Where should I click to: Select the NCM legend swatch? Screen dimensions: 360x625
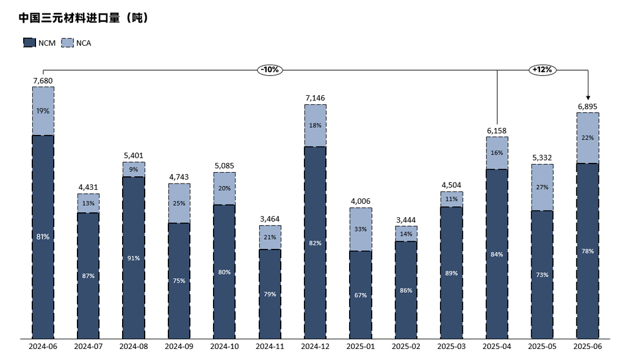29,43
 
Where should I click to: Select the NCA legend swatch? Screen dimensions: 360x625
67,43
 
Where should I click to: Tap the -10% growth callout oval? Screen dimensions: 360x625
269,70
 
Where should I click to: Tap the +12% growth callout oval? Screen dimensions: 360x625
542,70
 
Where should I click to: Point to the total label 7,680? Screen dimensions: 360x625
43,81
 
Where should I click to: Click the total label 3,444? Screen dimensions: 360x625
406,220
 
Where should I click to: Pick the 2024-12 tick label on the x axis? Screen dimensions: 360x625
315,347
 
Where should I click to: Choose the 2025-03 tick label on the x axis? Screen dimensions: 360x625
452,347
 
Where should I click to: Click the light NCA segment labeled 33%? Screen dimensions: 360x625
361,229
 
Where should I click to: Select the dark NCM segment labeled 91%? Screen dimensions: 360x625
134,257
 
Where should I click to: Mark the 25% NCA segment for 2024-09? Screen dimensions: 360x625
179,203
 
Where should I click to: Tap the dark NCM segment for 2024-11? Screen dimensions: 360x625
270,293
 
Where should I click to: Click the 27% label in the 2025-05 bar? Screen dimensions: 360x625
542,187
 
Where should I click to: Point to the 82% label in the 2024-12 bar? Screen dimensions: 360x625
315,243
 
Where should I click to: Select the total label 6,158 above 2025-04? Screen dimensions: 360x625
497,131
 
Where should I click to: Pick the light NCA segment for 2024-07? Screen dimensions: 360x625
88,203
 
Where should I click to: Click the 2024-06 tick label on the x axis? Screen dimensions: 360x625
43,347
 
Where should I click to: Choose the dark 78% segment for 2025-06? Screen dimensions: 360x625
588,251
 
